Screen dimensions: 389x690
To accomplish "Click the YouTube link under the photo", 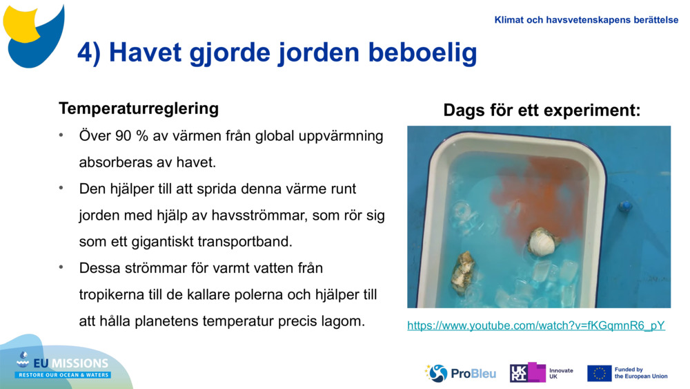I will pyautogui.click(x=536, y=325).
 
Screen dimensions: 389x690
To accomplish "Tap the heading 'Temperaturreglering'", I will pyautogui.click(x=139, y=108).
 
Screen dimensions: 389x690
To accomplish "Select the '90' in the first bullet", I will pyautogui.click(x=124, y=136).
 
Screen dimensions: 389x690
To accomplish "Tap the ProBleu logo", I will pyautogui.click(x=460, y=373).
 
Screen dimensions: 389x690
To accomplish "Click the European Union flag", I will pyautogui.click(x=599, y=373).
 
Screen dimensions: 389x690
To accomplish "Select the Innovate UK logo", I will pyautogui.click(x=541, y=373).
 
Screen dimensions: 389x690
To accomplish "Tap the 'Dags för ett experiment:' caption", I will pyautogui.click(x=542, y=111).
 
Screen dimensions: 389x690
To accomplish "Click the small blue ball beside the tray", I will pyautogui.click(x=625, y=206).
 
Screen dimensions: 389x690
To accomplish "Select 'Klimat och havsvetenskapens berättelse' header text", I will pyautogui.click(x=586, y=20).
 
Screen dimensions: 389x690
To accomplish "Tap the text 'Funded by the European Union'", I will pyautogui.click(x=640, y=373).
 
